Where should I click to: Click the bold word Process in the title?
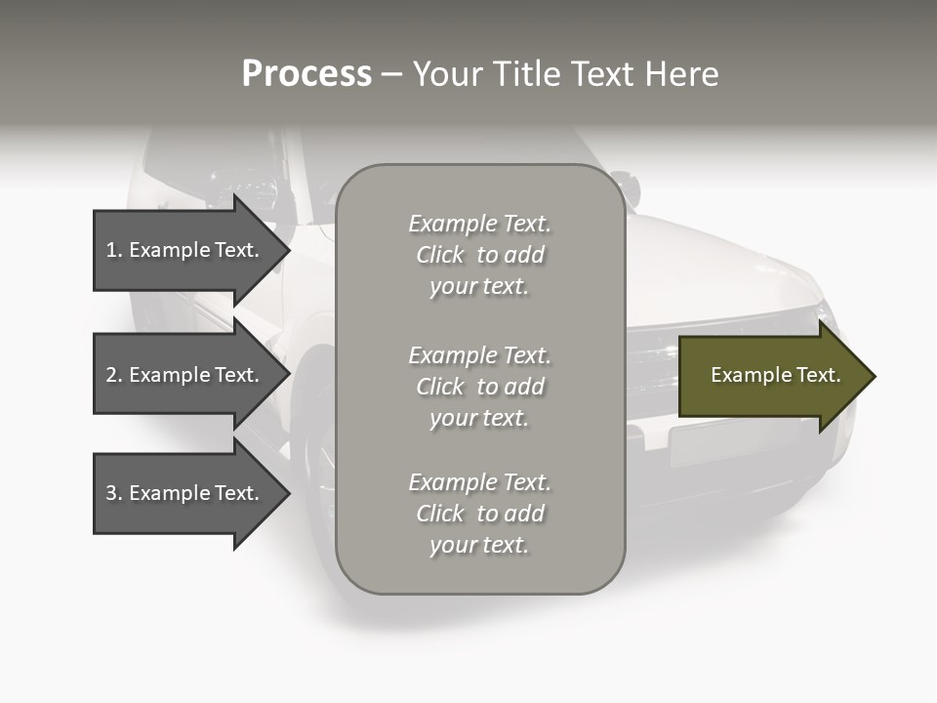pyautogui.click(x=306, y=74)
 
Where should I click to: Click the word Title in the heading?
pyautogui.click(x=525, y=74)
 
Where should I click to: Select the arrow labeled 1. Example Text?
pyautogui.click(x=185, y=250)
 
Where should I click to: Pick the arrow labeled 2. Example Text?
pyautogui.click(x=185, y=375)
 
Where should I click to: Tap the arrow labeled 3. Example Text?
pyautogui.click(x=185, y=493)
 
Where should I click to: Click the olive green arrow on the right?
pyautogui.click(x=771, y=376)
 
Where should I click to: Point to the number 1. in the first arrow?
pyautogui.click(x=114, y=250)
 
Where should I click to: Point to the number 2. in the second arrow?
pyautogui.click(x=114, y=375)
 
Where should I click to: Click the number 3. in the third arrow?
pyautogui.click(x=114, y=493)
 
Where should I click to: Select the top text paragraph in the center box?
pyautogui.click(x=479, y=255)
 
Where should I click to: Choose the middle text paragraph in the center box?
pyautogui.click(x=479, y=387)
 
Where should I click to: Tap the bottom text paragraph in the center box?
pyautogui.click(x=479, y=514)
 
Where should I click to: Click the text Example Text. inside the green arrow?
pyautogui.click(x=775, y=375)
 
